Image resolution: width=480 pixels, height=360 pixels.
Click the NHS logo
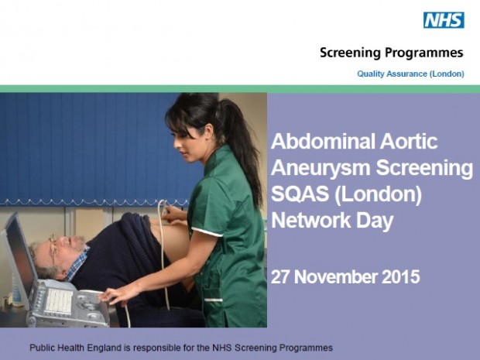coord(444,20)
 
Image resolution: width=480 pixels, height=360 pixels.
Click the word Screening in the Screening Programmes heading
coord(350,53)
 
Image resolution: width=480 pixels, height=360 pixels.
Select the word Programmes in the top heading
coord(424,53)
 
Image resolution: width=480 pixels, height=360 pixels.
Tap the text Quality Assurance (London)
coord(410,74)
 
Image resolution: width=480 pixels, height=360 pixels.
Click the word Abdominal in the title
coord(323,141)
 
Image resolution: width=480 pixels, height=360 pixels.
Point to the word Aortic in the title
coord(409,141)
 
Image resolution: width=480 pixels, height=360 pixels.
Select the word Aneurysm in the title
coord(321,169)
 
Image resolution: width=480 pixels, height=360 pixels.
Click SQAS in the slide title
coord(300,194)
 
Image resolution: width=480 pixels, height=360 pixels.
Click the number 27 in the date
coord(281,276)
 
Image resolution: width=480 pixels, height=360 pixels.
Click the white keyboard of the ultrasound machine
coord(59,301)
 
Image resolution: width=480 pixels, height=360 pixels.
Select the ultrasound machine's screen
coord(20,260)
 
